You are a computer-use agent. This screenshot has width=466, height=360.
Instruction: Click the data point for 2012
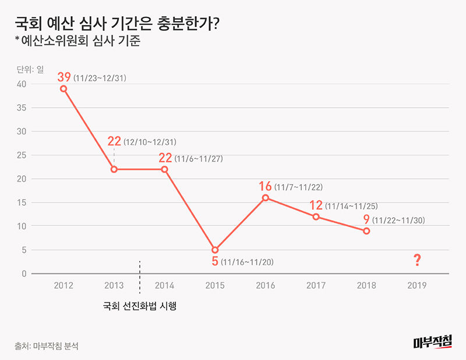click(x=63, y=89)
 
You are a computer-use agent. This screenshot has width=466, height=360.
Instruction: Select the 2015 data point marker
click(x=215, y=250)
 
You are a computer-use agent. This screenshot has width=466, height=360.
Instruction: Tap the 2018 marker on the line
click(x=366, y=231)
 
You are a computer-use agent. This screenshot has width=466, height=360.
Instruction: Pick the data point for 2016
click(x=266, y=197)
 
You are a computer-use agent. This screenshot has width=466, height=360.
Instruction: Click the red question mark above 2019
click(x=417, y=260)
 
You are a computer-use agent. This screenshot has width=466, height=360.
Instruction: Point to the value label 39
click(x=64, y=76)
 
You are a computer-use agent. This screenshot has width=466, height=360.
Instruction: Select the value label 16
click(x=265, y=186)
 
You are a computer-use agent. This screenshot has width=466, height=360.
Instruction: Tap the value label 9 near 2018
click(x=366, y=220)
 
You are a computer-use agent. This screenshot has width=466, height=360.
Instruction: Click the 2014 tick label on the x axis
click(x=165, y=285)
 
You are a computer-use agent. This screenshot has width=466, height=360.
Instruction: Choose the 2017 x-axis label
click(x=316, y=285)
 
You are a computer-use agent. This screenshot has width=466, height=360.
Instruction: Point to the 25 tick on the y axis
click(x=22, y=155)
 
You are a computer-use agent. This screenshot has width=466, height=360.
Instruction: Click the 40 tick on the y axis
click(x=22, y=84)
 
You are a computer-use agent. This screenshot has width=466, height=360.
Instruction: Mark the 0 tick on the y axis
click(x=24, y=274)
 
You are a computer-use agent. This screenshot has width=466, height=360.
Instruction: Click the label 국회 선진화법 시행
click(x=139, y=305)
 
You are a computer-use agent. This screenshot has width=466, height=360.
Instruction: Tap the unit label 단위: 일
click(x=30, y=69)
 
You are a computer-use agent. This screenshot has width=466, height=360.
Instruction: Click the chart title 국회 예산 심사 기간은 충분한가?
click(x=116, y=24)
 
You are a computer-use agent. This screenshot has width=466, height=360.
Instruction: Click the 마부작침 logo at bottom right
click(x=433, y=343)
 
